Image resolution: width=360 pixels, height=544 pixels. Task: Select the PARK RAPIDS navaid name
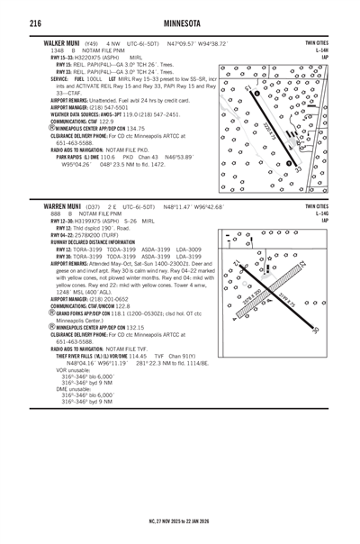(x=68, y=157)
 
